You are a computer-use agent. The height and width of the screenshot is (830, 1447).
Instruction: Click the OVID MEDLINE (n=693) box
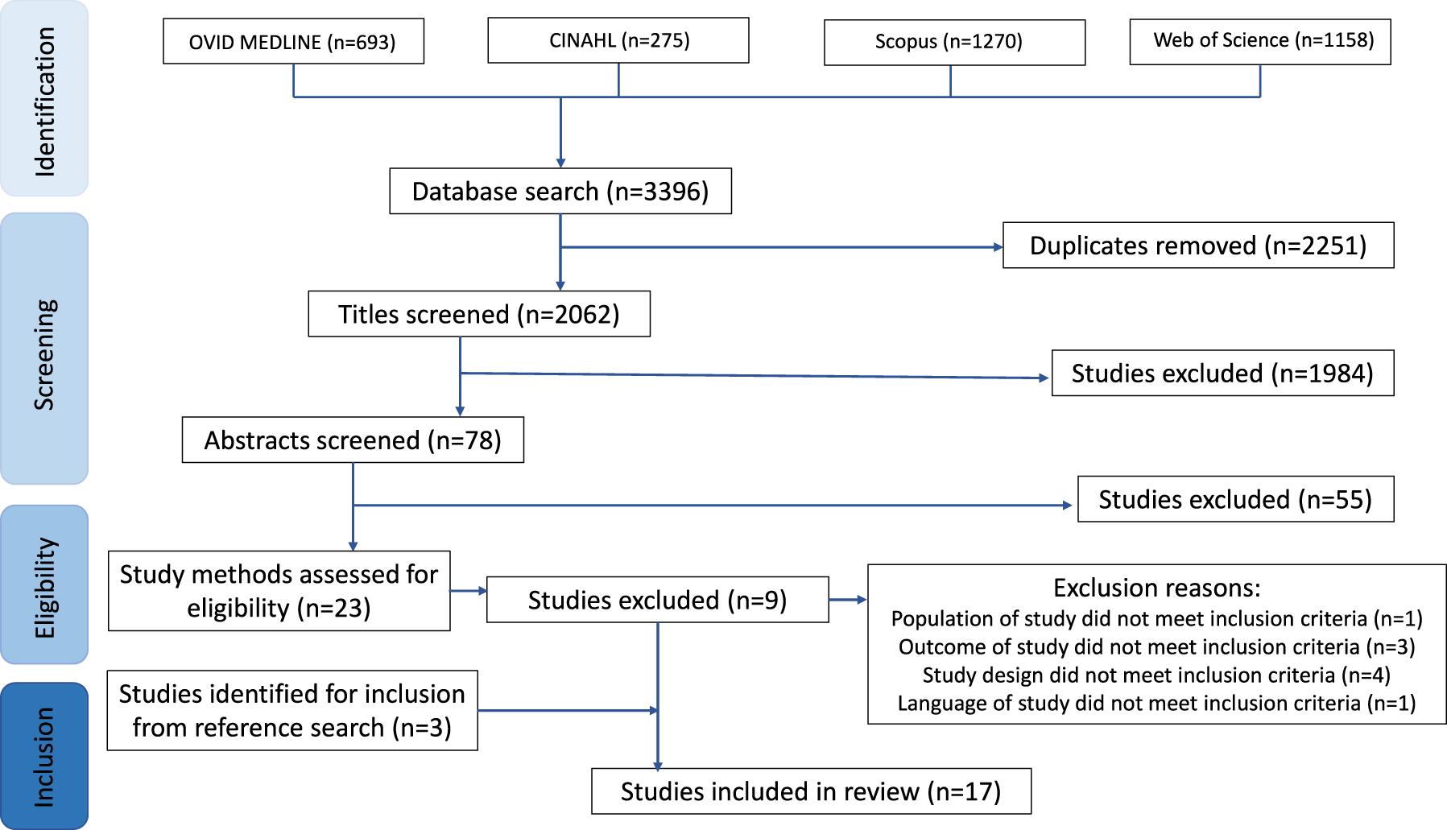(293, 42)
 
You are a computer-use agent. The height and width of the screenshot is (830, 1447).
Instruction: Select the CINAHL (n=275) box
(618, 40)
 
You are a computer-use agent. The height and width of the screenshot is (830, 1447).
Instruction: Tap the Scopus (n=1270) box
(954, 42)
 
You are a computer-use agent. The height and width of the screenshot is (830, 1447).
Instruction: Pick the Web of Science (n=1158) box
(1260, 41)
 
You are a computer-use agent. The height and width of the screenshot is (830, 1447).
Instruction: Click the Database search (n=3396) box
(560, 192)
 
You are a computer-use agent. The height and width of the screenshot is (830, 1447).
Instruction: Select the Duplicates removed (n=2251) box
(1198, 246)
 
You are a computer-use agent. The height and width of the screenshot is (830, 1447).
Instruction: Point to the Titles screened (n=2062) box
(479, 314)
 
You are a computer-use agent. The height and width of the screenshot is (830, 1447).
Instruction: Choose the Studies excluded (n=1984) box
(1222, 374)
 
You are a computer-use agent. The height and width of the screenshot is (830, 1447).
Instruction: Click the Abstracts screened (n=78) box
(353, 440)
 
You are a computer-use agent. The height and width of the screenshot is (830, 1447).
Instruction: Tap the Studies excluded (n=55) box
(1235, 500)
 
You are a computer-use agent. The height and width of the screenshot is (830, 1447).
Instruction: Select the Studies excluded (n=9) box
(657, 600)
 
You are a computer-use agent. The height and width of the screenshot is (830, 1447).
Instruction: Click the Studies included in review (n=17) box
(811, 791)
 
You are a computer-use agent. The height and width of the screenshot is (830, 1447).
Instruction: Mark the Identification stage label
(44, 101)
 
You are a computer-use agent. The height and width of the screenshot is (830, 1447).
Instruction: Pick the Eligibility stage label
(44, 587)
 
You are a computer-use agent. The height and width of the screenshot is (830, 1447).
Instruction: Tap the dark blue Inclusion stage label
(44, 757)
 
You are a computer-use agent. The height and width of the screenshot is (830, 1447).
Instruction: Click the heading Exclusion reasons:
(1156, 588)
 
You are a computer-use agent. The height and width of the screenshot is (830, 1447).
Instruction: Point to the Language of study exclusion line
(1156, 704)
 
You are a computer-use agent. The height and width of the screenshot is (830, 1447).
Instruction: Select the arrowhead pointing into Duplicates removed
(998, 247)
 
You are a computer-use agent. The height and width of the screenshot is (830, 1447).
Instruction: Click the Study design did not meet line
(1156, 675)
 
